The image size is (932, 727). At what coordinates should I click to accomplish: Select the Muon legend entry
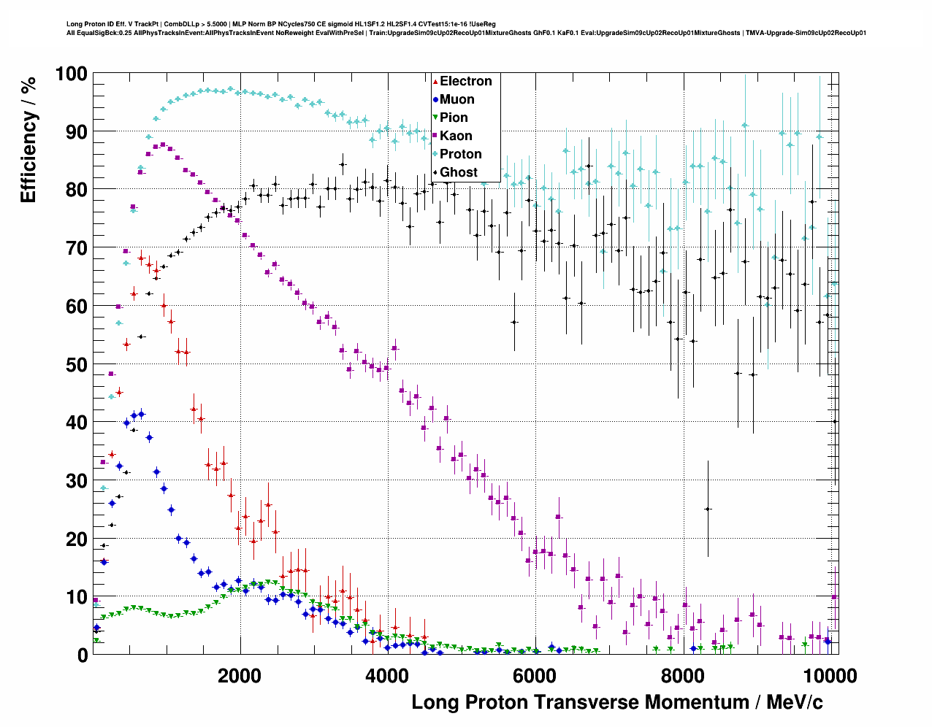(x=457, y=99)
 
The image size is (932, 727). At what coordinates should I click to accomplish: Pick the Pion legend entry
(x=453, y=118)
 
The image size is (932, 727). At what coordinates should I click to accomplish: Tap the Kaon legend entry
(x=456, y=136)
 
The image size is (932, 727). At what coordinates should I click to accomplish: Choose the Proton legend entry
(x=460, y=154)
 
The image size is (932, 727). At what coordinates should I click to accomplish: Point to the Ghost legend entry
(x=458, y=172)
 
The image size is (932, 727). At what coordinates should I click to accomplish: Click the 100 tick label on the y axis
(x=71, y=74)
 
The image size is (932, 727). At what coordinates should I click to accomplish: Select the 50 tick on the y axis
(x=77, y=364)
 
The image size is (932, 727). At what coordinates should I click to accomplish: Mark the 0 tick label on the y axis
(x=83, y=655)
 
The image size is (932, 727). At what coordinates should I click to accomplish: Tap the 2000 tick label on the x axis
(x=240, y=675)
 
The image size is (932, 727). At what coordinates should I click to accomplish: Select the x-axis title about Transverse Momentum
(x=616, y=702)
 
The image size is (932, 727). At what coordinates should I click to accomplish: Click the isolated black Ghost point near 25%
(x=708, y=509)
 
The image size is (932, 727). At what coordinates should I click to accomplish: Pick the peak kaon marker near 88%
(x=163, y=145)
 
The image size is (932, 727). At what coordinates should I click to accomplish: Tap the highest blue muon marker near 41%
(x=141, y=414)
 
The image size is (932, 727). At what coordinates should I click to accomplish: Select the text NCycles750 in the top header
(x=289, y=24)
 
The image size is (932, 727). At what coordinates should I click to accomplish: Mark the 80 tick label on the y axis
(x=77, y=190)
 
